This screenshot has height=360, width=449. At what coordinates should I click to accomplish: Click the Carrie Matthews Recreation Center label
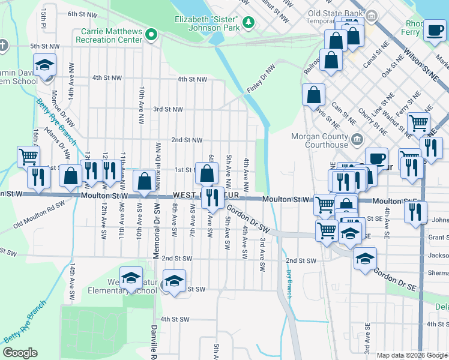click(x=109, y=35)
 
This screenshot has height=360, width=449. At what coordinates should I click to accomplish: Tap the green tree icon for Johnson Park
click(x=248, y=23)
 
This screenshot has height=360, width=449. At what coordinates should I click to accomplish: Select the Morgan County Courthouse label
click(x=319, y=140)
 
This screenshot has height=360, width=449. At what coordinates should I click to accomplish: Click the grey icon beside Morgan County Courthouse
click(x=357, y=140)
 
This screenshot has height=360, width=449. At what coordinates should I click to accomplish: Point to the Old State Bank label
click(x=336, y=13)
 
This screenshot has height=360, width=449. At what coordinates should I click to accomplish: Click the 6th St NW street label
click(x=82, y=13)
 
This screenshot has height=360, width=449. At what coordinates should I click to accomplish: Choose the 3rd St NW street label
click(x=167, y=109)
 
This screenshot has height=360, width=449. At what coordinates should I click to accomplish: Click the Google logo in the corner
click(x=20, y=353)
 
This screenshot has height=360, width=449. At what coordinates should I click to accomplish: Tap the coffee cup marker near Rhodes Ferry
click(x=434, y=30)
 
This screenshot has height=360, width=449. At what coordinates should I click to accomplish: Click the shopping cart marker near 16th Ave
click(x=29, y=157)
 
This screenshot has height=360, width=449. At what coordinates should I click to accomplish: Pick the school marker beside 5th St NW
click(x=44, y=64)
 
